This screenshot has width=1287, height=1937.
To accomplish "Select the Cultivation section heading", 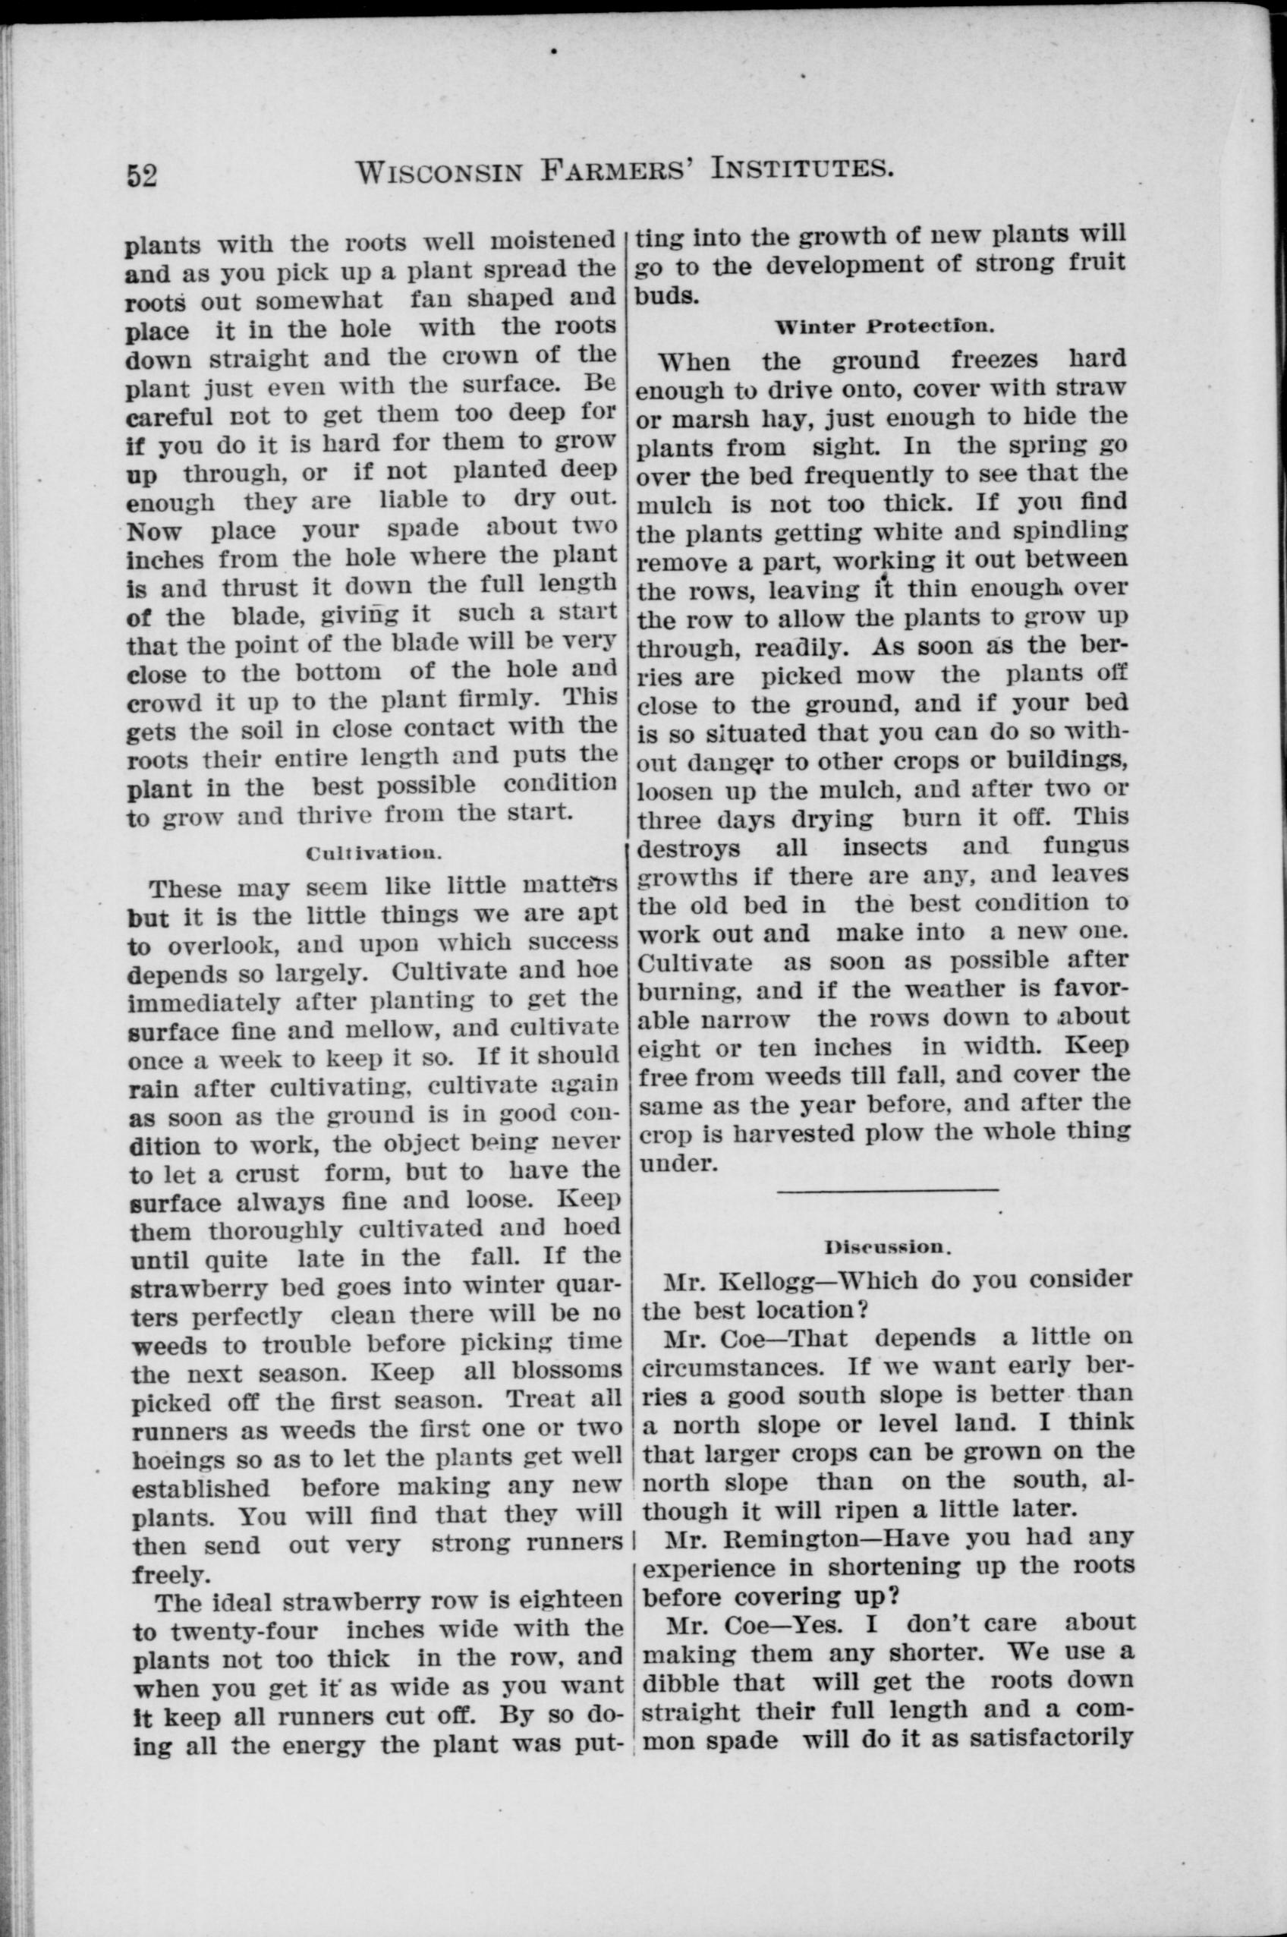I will pos(373,853).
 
